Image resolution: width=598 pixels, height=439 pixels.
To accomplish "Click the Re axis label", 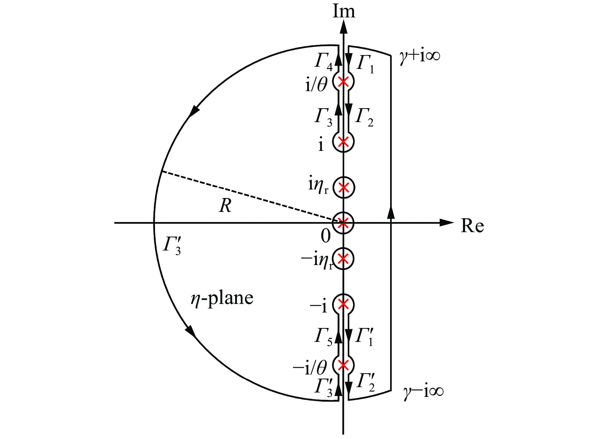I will point(472,226).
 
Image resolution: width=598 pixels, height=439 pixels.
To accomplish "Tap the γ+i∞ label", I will point(420,56).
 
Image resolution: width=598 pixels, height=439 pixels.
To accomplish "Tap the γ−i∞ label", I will point(423,392).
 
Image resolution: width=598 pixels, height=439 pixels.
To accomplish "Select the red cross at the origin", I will point(343,223).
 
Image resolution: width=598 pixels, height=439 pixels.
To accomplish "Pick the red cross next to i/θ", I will point(343,82).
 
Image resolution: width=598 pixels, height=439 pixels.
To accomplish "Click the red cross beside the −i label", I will point(343,305).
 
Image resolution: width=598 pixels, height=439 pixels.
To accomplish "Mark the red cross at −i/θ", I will point(343,365).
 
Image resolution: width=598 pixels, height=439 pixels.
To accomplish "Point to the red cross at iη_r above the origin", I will point(344,187).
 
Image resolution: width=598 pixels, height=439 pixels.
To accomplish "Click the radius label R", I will point(225,206).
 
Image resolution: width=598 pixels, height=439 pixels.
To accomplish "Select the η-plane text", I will point(222,298).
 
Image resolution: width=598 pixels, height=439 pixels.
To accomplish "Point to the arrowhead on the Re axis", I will point(447,223).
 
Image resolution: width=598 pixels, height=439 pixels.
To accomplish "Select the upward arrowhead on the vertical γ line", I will point(391,212).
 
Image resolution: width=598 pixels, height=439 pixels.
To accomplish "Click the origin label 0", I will point(326,236).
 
